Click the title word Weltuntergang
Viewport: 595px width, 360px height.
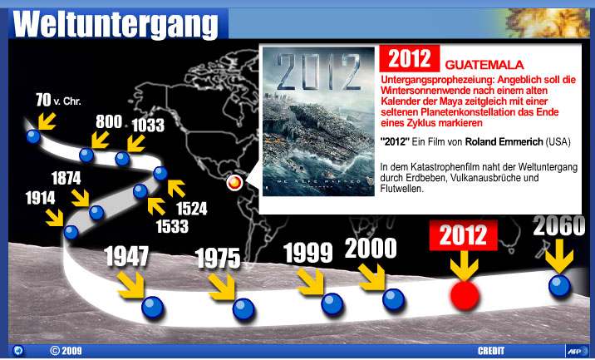(x=116, y=25)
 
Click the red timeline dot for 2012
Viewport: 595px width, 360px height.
(x=465, y=295)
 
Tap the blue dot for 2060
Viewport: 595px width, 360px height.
(x=560, y=285)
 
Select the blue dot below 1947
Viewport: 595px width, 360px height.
(x=153, y=308)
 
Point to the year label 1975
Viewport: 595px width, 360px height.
(x=219, y=259)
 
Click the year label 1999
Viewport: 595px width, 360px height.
(x=307, y=252)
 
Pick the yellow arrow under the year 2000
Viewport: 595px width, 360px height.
(x=372, y=278)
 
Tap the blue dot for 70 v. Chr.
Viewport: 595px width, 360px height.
(x=33, y=136)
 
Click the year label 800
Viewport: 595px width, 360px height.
(x=109, y=122)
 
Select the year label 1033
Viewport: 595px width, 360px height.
(x=148, y=126)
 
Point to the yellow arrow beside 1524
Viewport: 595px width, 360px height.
(x=176, y=189)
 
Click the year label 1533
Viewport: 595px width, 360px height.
(x=172, y=226)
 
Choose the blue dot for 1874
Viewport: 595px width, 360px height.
(x=96, y=212)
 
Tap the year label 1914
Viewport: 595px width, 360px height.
(x=40, y=198)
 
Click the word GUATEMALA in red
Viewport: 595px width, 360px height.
(x=484, y=65)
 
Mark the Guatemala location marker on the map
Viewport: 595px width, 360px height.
(x=234, y=183)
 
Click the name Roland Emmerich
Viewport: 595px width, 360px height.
(x=504, y=142)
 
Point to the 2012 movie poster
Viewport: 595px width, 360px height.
(x=318, y=121)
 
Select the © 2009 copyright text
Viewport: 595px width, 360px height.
(x=66, y=351)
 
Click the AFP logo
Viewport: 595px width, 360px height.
(x=577, y=351)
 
